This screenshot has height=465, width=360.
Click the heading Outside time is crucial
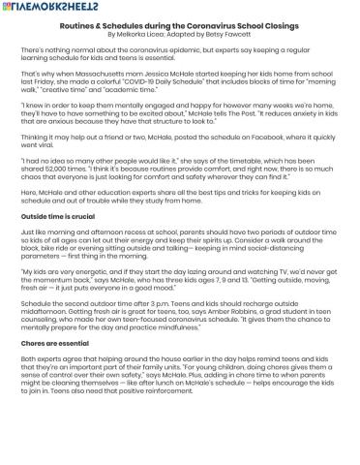point(57,216)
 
